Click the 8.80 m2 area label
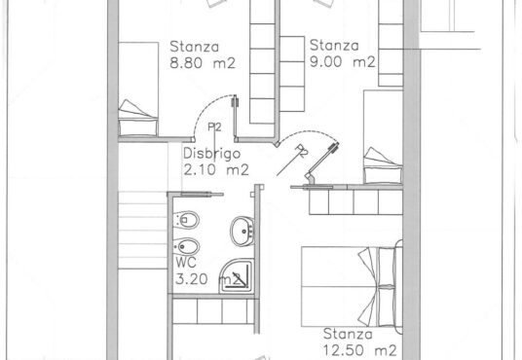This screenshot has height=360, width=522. click(x=203, y=63)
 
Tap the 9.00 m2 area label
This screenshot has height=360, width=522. click(x=343, y=61)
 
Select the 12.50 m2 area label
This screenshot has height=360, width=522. click(x=360, y=350)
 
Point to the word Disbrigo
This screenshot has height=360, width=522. click(x=212, y=155)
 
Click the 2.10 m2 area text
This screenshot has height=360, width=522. click(x=216, y=170)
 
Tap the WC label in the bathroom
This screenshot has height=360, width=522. click(x=186, y=263)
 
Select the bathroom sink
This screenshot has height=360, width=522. click(x=242, y=231)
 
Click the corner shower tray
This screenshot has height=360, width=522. click(x=237, y=276)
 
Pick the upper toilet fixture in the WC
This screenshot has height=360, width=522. click(x=186, y=220)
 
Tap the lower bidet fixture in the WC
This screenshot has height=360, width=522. click(x=186, y=247)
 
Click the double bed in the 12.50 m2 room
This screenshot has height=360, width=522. click(x=352, y=286)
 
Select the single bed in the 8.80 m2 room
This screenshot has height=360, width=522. click(x=138, y=89)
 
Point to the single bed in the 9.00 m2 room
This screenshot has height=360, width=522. click(x=383, y=136)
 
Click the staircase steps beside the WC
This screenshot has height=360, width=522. click(x=143, y=230)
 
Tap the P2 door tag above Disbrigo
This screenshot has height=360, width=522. click(x=214, y=127)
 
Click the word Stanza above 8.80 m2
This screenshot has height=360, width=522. click(x=195, y=47)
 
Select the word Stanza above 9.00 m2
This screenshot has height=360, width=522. click(x=334, y=45)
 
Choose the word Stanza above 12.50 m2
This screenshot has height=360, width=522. click(x=348, y=334)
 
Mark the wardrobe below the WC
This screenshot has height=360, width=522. click(x=213, y=311)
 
